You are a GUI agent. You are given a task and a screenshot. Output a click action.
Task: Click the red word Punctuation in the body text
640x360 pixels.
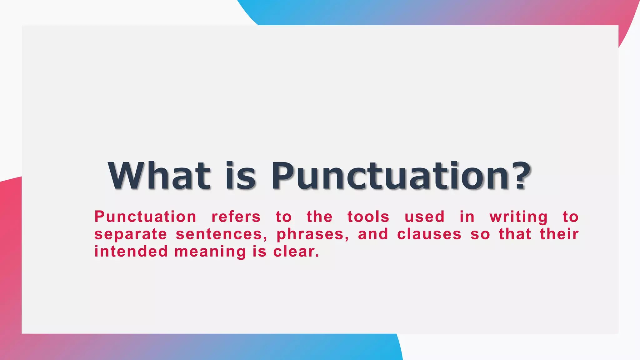coord(145,217)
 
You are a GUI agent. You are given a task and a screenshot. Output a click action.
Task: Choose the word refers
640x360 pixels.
coord(236,217)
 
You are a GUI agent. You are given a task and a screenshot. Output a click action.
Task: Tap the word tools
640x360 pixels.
coord(368,217)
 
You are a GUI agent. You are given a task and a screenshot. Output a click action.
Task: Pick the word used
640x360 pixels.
coord(424,217)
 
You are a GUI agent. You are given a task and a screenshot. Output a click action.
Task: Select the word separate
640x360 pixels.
coord(131,234)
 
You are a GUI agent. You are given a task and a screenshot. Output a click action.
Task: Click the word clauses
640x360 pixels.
coord(429,234)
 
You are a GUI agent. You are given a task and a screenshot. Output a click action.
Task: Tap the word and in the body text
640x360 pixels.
coord(373,234)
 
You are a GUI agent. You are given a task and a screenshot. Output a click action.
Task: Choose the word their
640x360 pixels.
coord(559,234)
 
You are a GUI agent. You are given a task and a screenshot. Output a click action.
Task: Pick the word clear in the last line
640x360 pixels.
coord(295,252)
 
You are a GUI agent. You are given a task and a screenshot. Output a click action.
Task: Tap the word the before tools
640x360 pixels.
coord(319,217)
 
